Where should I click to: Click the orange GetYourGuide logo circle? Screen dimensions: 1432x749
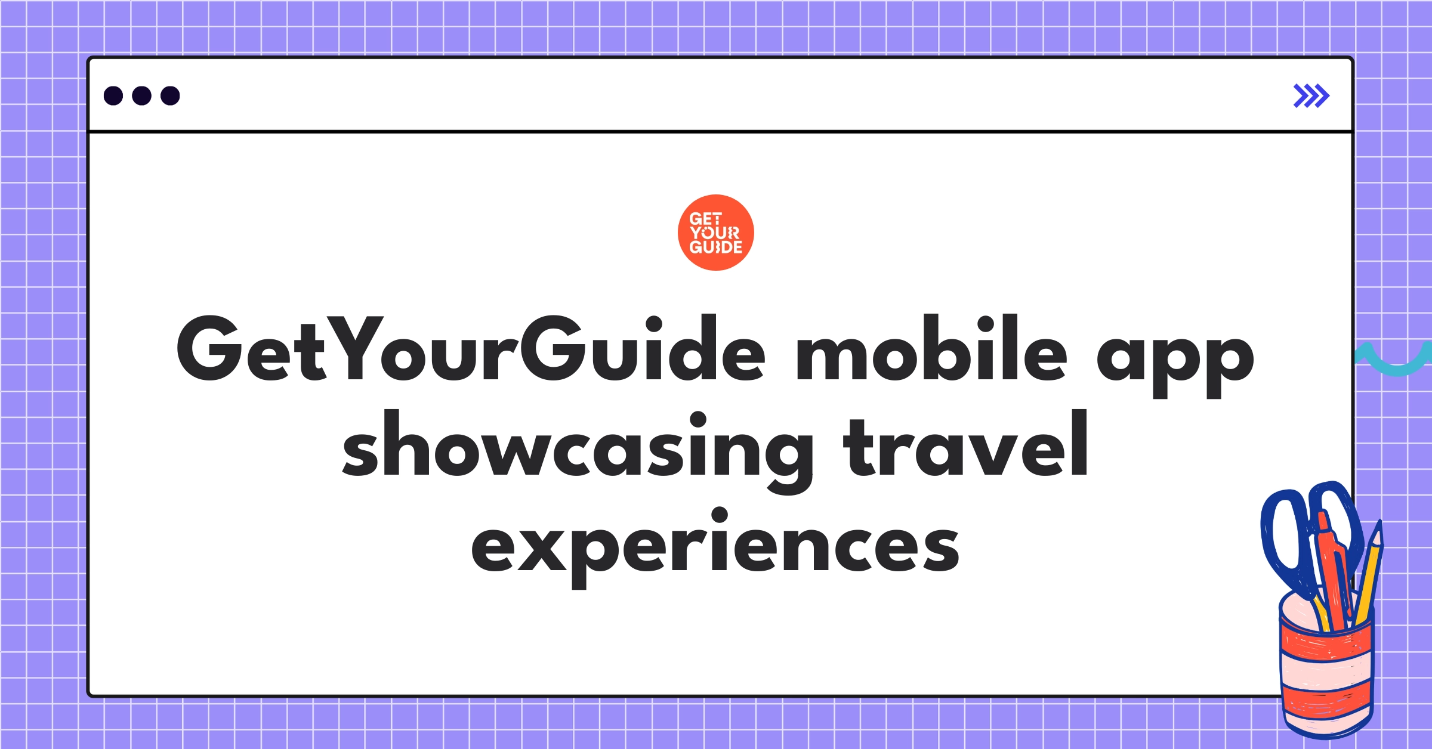coord(715,233)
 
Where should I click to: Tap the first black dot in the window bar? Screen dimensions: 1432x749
coord(113,95)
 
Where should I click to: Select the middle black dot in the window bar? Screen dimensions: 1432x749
coord(141,95)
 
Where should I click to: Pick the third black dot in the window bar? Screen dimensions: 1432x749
coord(170,95)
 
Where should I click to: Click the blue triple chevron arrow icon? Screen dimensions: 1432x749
coord(1311,96)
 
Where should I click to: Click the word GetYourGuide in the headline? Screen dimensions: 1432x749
coord(471,348)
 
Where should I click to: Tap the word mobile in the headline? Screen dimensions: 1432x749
coord(931,348)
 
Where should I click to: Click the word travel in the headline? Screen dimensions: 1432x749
coord(967,444)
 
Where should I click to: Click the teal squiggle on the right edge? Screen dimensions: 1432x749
coord(1394,360)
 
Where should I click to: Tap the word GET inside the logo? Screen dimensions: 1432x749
coord(706,219)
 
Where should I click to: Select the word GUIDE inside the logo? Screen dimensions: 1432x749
coord(716,247)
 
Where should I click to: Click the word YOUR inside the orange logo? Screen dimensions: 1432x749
coord(715,233)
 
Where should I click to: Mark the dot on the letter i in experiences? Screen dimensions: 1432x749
coord(719,516)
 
